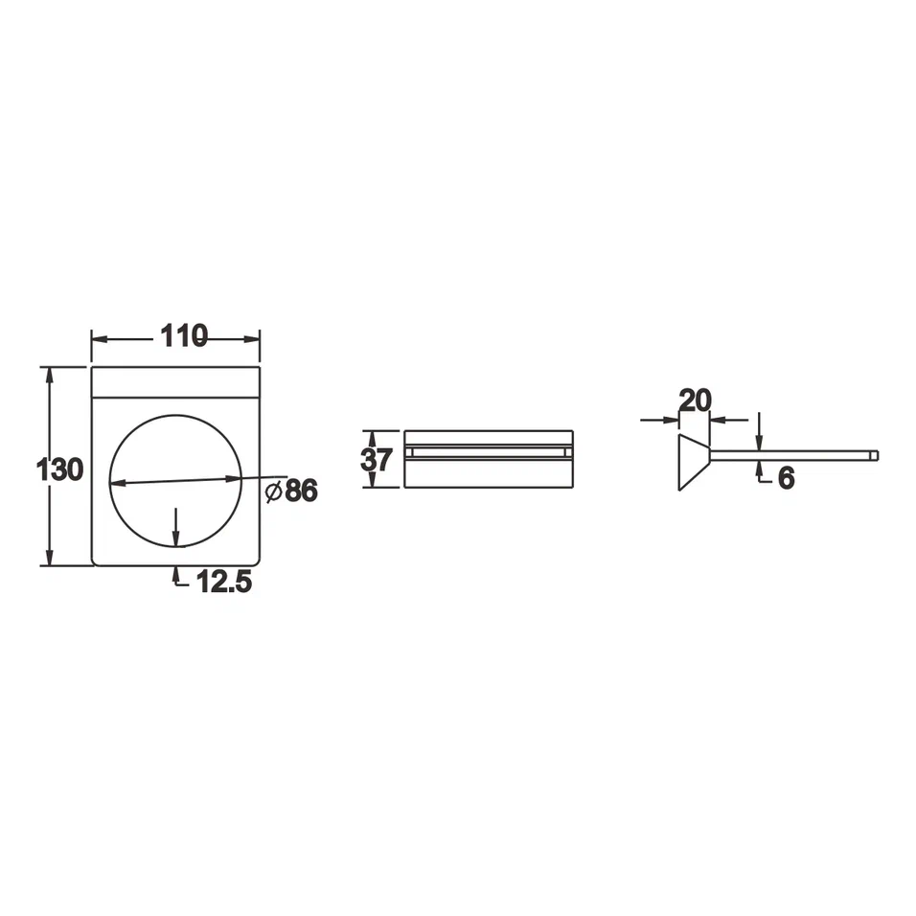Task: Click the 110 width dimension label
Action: [184, 336]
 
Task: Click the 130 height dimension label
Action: [59, 469]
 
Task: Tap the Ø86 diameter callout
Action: [291, 491]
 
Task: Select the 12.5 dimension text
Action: [224, 582]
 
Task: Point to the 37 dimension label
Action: [377, 460]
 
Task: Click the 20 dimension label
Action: [696, 401]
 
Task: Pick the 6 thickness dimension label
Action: [787, 478]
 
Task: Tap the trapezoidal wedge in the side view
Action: [694, 463]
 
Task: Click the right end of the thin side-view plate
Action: [877, 456]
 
